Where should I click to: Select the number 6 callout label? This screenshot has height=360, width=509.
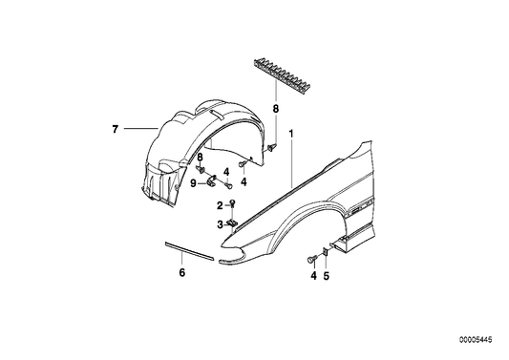click(181, 272)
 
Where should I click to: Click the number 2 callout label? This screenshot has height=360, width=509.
click(219, 205)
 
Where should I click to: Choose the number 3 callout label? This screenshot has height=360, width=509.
click(219, 224)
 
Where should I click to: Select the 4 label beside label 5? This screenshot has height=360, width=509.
click(310, 277)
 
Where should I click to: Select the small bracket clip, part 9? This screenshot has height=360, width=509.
click(207, 182)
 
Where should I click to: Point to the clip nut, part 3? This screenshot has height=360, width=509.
click(233, 223)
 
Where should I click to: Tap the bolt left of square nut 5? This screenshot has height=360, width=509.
click(311, 259)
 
